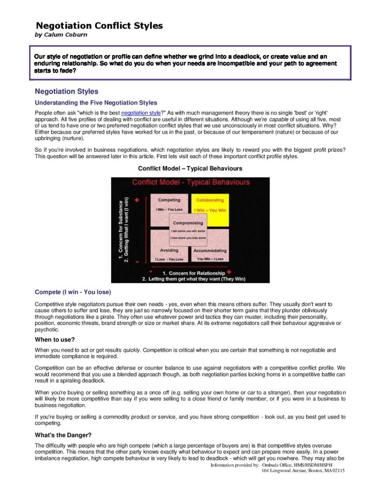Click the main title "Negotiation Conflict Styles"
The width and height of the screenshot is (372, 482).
coord(100,26)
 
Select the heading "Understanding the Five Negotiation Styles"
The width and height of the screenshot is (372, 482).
coord(96,103)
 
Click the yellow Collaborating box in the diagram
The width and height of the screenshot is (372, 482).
coord(210,205)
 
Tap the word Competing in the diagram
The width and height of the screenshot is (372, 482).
coord(169,200)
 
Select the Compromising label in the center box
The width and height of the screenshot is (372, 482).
coord(188,223)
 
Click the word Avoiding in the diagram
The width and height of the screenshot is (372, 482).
coord(169,250)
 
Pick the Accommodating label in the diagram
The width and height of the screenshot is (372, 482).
coord(210,250)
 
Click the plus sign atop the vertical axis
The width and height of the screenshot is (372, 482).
coord(137,200)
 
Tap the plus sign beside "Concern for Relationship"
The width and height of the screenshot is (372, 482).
coord(229,272)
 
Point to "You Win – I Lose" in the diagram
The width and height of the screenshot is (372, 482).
coord(210,259)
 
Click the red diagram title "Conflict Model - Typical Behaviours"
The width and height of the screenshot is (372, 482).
coord(190,182)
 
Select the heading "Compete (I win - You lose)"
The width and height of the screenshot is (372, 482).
coord(73,292)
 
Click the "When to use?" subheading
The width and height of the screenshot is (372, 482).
coord(55,339)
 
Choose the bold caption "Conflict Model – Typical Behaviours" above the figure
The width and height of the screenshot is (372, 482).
coord(190,168)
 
